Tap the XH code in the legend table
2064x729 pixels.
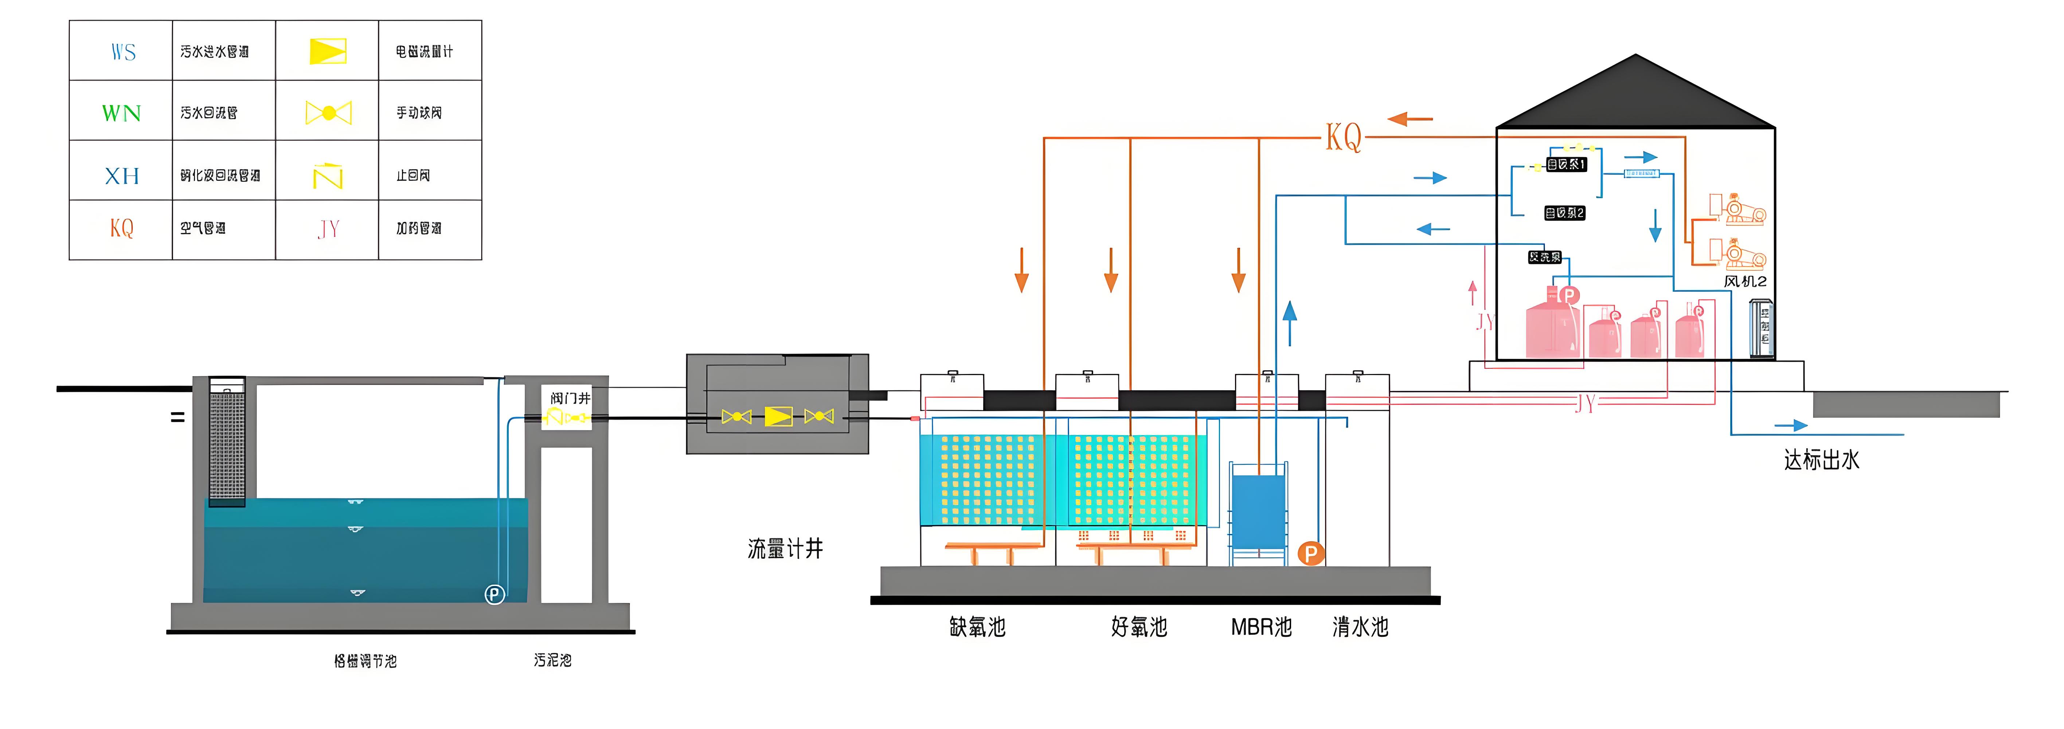(122, 175)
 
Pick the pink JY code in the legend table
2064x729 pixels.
(328, 229)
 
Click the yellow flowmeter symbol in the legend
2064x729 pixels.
(328, 51)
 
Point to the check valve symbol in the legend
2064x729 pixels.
(328, 175)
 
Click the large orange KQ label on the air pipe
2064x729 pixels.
(1343, 137)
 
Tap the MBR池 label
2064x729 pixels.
(1261, 627)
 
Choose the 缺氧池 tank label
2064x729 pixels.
(977, 627)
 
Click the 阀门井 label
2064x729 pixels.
(570, 398)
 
